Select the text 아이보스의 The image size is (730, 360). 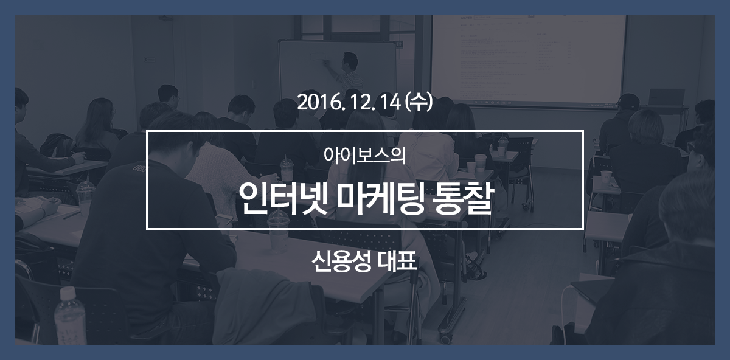click(x=364, y=156)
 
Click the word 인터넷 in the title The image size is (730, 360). click(x=283, y=198)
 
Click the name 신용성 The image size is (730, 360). click(x=341, y=261)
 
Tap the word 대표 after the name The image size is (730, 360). click(x=398, y=261)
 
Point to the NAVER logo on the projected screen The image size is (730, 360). click(x=467, y=17)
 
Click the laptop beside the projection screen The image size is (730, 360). click(x=666, y=97)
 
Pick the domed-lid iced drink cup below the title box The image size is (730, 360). click(x=279, y=231)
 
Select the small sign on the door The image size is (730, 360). click(x=150, y=60)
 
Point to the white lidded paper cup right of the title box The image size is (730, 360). click(x=606, y=179)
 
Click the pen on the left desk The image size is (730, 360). click(x=72, y=215)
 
